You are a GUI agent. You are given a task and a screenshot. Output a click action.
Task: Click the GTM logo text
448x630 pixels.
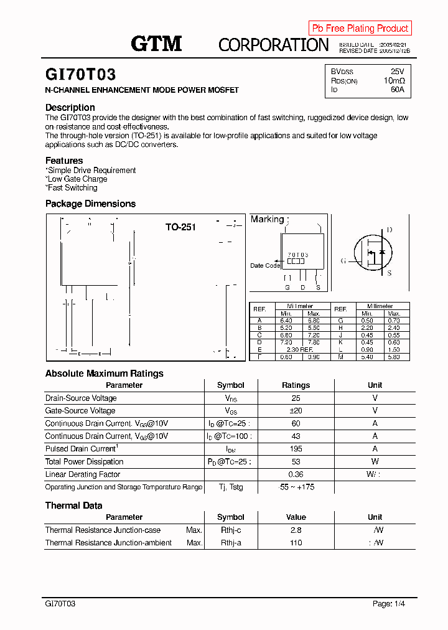(x=156, y=43)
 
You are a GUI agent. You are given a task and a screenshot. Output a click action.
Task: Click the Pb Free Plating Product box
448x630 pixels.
(x=360, y=28)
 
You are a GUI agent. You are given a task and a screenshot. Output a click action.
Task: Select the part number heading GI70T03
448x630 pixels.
(x=80, y=75)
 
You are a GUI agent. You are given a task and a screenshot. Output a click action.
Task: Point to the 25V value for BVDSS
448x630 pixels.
(x=397, y=72)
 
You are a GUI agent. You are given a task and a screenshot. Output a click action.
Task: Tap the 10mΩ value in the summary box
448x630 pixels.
(x=394, y=81)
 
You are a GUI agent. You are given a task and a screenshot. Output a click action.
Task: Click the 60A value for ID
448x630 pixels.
(x=397, y=90)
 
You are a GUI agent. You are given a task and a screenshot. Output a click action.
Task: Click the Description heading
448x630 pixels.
(x=70, y=108)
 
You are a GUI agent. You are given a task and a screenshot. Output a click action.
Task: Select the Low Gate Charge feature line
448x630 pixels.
(x=77, y=179)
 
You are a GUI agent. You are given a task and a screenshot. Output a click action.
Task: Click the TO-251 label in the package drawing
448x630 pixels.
(x=180, y=227)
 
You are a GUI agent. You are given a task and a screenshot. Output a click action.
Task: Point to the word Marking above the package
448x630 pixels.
(x=267, y=219)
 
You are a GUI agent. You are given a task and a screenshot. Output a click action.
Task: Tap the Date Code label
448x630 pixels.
(x=265, y=266)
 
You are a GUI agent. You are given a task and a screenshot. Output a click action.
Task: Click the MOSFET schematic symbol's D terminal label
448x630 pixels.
(x=390, y=230)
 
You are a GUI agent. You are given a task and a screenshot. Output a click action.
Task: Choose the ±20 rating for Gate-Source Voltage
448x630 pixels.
(x=296, y=411)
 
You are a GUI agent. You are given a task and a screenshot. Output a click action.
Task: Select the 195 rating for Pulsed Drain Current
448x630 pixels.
(x=296, y=449)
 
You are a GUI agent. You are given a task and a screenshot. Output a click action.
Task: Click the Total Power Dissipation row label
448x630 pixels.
(x=84, y=462)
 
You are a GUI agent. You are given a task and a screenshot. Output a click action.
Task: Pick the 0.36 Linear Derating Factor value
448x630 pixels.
(x=296, y=474)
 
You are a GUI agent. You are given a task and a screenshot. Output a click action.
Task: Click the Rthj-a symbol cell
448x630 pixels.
(x=230, y=543)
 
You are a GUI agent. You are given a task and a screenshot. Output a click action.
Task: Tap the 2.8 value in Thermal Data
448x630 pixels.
(x=296, y=530)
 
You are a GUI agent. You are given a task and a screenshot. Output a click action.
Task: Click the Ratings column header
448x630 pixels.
(x=296, y=385)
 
